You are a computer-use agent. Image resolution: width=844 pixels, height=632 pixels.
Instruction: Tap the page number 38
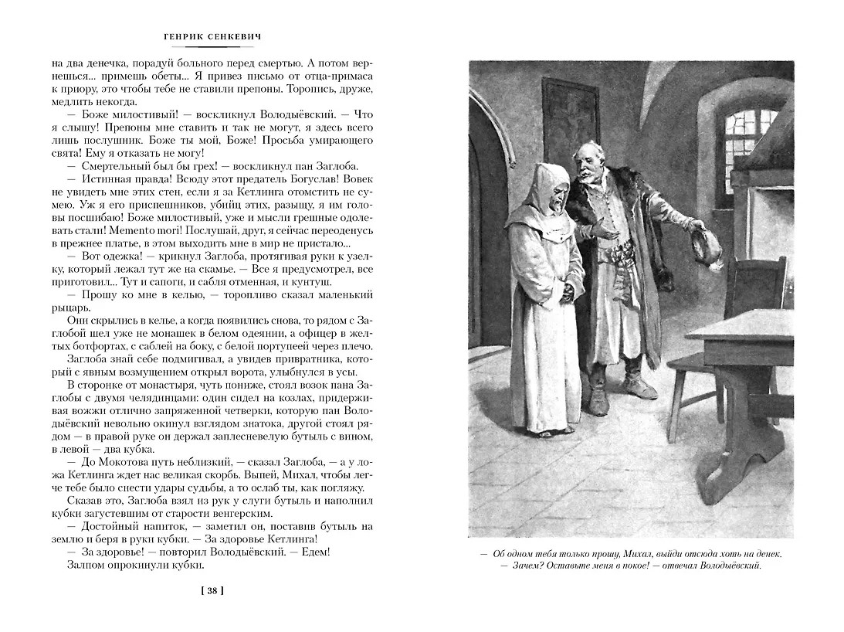click(x=212, y=592)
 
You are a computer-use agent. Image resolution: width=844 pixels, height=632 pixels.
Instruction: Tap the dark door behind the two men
click(x=571, y=124)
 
